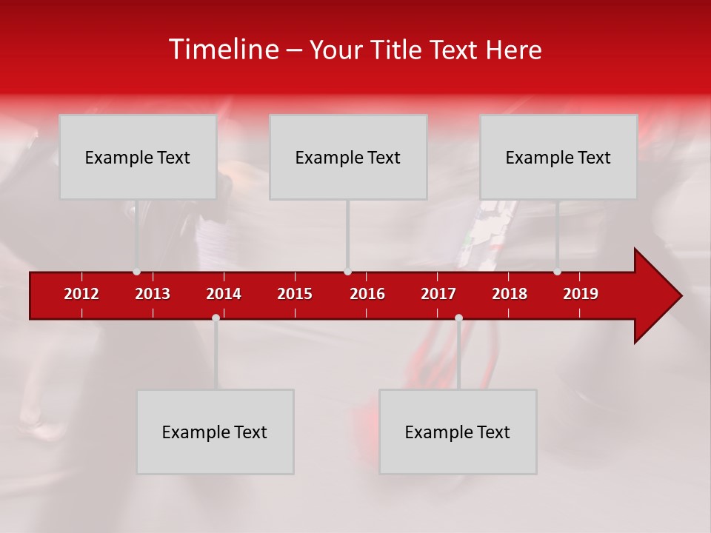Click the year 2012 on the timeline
(x=81, y=294)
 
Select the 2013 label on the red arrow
(x=153, y=294)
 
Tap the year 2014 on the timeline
(x=224, y=294)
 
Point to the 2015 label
(x=295, y=294)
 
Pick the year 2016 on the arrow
(x=367, y=294)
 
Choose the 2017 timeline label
(x=438, y=294)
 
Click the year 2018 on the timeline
(x=510, y=294)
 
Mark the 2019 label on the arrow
(x=581, y=294)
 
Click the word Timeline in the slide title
(x=223, y=50)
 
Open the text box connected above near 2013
(x=138, y=157)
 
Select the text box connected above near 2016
(x=348, y=157)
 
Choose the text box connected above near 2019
(x=558, y=157)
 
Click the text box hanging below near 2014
(x=215, y=432)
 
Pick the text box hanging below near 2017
(x=458, y=432)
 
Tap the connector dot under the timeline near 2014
(x=216, y=318)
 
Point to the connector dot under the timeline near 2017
(x=458, y=318)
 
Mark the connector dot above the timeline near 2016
(x=347, y=272)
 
